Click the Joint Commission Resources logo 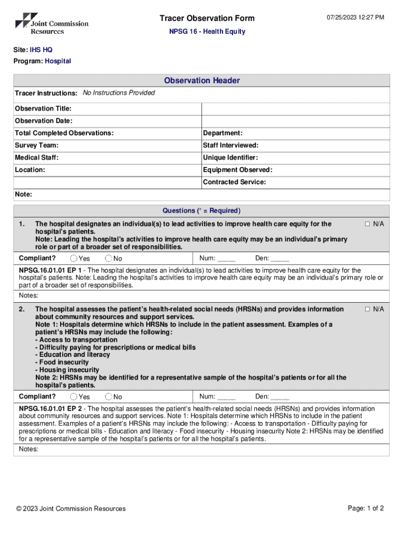click(52, 24)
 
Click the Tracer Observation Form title click(207, 18)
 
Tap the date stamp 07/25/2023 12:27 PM click(355, 18)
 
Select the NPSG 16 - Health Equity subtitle click(207, 32)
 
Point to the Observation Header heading click(202, 81)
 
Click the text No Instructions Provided click(119, 93)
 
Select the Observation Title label click(43, 108)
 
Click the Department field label click(223, 133)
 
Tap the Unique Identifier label click(230, 157)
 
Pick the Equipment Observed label click(237, 170)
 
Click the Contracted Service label click(234, 182)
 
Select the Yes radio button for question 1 click(74, 258)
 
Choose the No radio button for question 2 click(109, 397)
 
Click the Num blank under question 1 click(226, 258)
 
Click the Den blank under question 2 click(280, 397)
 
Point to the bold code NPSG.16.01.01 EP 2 click(51, 409)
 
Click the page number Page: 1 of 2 click(365, 508)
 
